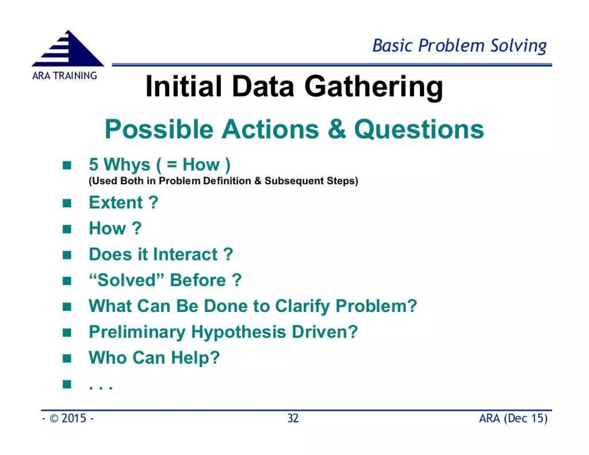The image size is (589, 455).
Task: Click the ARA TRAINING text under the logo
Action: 64,76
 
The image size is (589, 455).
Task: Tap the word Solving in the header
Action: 518,46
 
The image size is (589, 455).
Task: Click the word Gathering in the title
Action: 373,87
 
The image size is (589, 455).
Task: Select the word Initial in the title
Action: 183,87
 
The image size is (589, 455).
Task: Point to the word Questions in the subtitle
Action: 419,130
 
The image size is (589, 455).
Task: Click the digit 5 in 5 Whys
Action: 94,165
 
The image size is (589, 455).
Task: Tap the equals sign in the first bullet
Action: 172,165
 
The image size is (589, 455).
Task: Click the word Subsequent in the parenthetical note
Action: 294,181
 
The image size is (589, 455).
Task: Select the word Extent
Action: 116,203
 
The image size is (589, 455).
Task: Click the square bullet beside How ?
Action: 67,229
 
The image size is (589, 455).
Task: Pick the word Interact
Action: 185,255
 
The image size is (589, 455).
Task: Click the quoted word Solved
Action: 126,280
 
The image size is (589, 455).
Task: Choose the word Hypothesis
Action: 238,332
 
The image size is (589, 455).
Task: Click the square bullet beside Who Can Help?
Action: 67,358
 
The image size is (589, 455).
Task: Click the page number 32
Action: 293,418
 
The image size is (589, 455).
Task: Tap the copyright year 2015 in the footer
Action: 74,418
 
